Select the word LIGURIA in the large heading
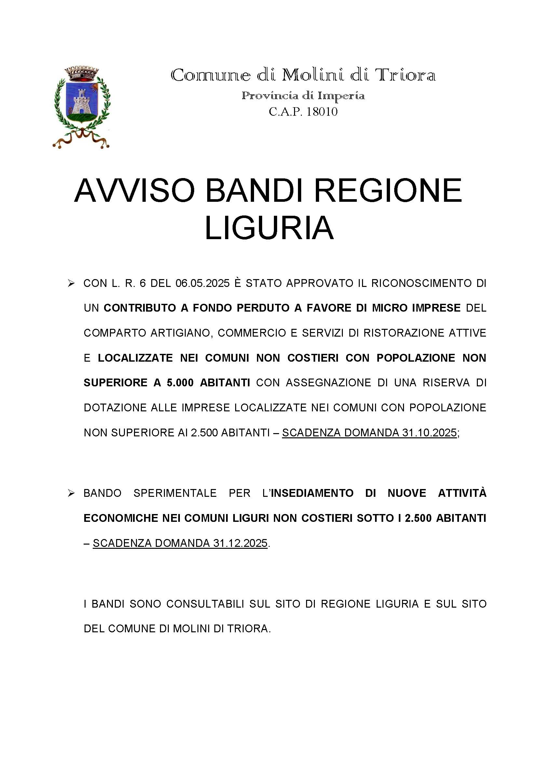coord(269,228)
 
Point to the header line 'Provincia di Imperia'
coord(303,96)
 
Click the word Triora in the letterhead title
coord(405,75)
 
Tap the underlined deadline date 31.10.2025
coord(430,432)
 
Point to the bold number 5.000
coord(180,383)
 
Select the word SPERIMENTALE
coord(175,493)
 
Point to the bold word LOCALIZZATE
coord(136,358)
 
